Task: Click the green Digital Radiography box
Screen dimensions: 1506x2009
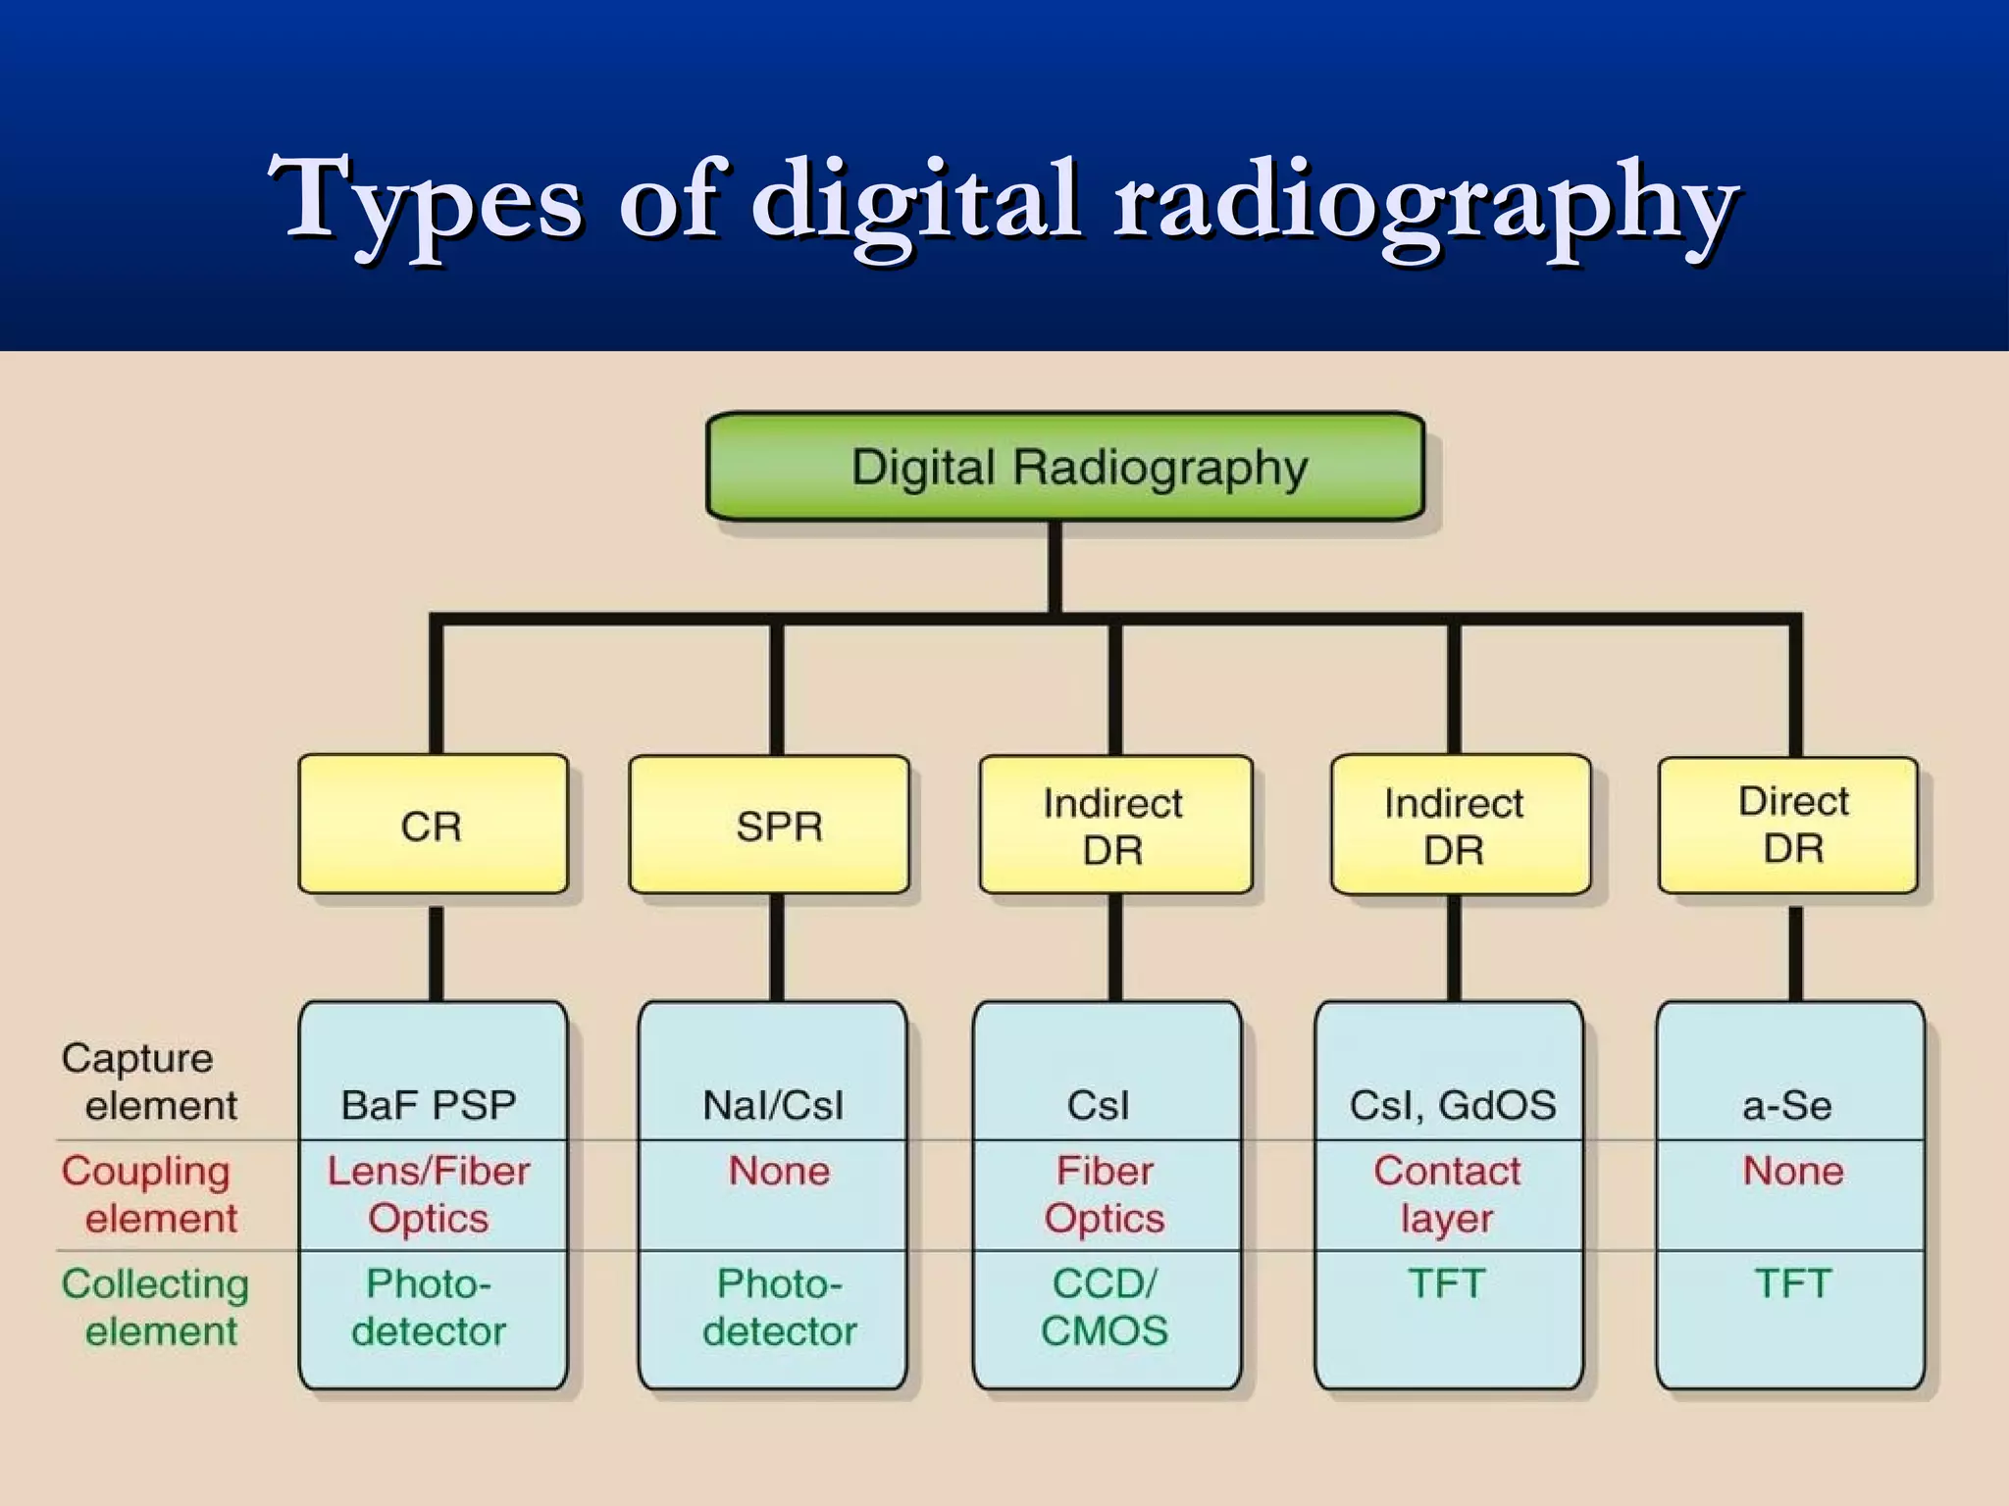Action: [1065, 467]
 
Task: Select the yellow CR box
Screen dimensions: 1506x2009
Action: [433, 825]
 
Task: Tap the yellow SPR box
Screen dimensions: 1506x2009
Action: [770, 825]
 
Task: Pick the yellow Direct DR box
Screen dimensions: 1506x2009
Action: [1788, 825]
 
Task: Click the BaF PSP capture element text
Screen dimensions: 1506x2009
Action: [429, 1105]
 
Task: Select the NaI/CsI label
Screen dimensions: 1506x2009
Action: [773, 1105]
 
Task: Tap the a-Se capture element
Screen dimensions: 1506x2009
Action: [1786, 1105]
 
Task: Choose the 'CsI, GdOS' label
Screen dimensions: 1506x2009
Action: [1453, 1105]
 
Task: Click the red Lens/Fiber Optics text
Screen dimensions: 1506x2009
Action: [429, 1194]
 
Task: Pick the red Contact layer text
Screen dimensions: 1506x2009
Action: [1447, 1194]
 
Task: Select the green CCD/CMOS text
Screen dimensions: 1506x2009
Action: [1105, 1307]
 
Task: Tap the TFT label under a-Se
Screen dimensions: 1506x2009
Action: [1793, 1283]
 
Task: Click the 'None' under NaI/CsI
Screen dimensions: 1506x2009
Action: [779, 1171]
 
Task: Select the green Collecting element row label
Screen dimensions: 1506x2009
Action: [154, 1307]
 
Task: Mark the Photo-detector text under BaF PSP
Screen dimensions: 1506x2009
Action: [429, 1307]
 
